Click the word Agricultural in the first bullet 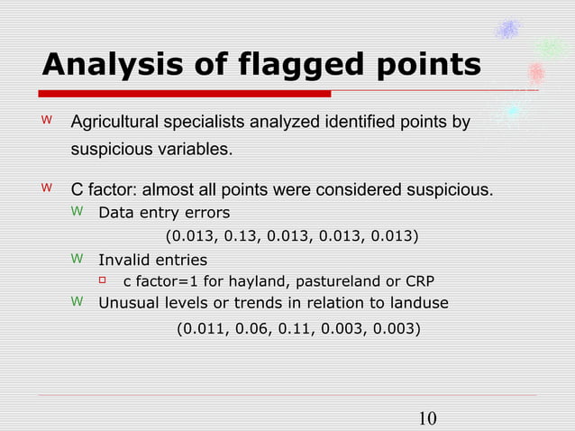117,122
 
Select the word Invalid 123,260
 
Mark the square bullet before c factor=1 102,280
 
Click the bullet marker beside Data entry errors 77,213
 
